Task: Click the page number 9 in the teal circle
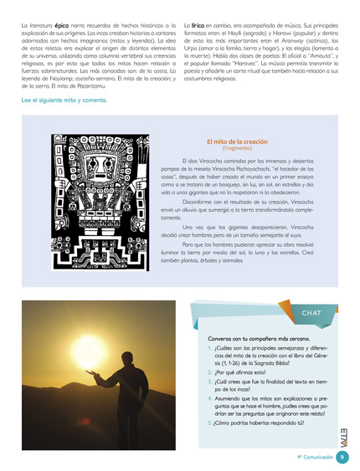[342, 457]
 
